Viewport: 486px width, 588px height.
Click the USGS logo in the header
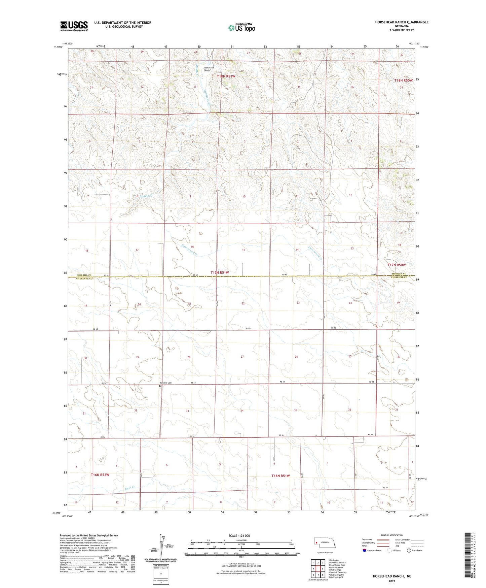click(x=74, y=26)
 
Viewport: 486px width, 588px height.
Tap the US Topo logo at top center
click(x=241, y=28)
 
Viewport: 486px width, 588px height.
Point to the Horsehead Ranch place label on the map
click(x=209, y=69)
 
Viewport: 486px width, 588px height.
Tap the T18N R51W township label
click(x=226, y=76)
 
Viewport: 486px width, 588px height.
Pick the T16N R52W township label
click(x=100, y=475)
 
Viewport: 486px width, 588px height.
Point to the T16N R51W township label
click(x=281, y=476)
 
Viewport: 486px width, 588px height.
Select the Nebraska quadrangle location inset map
click(x=326, y=544)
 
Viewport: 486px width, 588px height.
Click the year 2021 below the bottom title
click(x=391, y=581)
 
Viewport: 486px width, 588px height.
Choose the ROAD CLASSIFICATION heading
click(x=392, y=535)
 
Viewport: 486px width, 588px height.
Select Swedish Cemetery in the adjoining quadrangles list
click(x=337, y=572)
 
